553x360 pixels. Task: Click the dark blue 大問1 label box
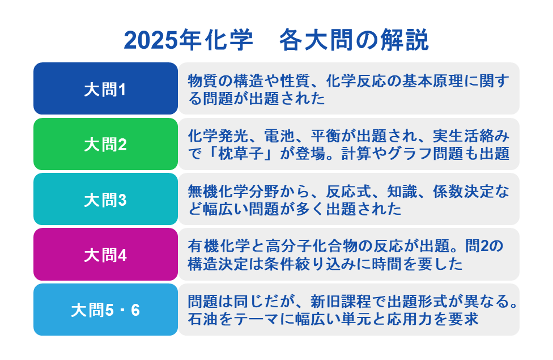point(105,88)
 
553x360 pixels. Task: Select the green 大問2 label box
point(105,144)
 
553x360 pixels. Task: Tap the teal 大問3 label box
point(105,199)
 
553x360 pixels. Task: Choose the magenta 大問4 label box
point(105,255)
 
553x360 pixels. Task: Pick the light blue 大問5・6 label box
point(105,310)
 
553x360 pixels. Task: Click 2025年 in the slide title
point(163,40)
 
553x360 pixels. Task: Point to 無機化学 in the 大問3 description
point(218,191)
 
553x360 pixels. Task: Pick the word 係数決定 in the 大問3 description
point(463,191)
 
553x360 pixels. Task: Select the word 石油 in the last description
point(203,319)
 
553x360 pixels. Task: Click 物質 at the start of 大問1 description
point(203,81)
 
